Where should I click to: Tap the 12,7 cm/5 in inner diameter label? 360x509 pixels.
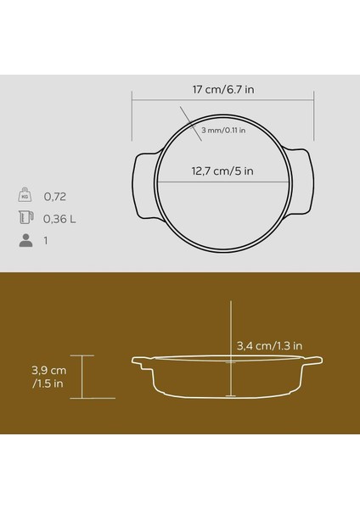pos(221,170)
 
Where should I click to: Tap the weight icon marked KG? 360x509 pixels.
pos(25,194)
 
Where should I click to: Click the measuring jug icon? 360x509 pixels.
pos(25,218)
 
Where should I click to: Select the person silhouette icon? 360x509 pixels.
pos(25,241)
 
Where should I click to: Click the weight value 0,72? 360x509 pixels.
pos(54,195)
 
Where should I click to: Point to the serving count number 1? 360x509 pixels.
pos(46,242)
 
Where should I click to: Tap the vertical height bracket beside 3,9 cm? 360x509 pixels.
pos(82,376)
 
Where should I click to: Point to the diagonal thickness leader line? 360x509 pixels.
pos(188,118)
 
